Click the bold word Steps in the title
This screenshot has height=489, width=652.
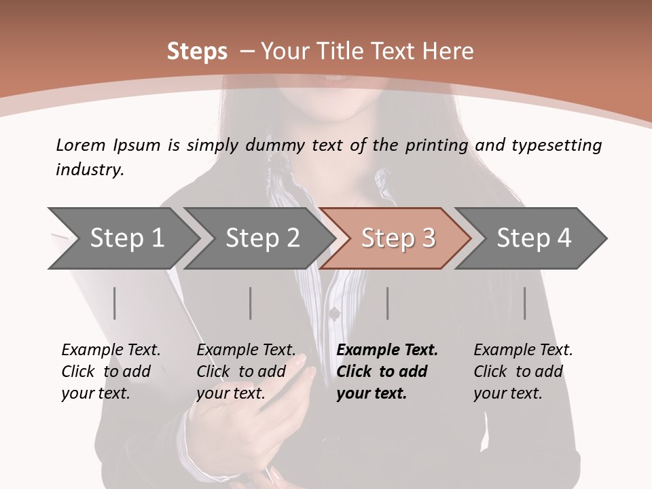[197, 52]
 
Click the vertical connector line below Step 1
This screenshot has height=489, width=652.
[115, 303]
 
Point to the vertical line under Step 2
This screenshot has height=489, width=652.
[251, 303]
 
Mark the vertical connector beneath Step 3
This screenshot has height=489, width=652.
[388, 303]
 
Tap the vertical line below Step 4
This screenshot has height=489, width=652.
[525, 303]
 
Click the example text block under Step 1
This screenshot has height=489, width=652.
[111, 372]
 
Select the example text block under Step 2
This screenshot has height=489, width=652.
[246, 372]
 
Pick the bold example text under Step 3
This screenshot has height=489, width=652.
[387, 372]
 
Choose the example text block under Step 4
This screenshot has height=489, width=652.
[523, 372]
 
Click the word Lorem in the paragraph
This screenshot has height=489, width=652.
[81, 145]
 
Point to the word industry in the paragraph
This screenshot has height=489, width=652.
[90, 170]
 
